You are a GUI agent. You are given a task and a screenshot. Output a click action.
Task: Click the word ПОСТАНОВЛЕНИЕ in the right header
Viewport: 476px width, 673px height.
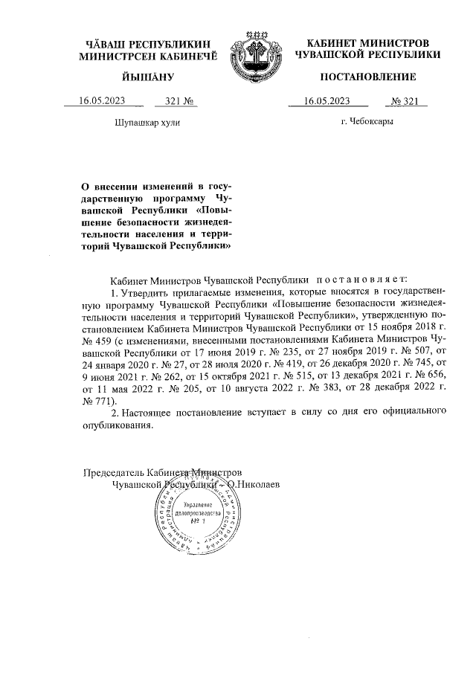[368, 77]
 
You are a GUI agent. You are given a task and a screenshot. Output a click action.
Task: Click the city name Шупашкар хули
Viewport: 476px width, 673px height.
[147, 121]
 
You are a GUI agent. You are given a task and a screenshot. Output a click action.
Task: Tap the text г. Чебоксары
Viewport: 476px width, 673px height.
[367, 121]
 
